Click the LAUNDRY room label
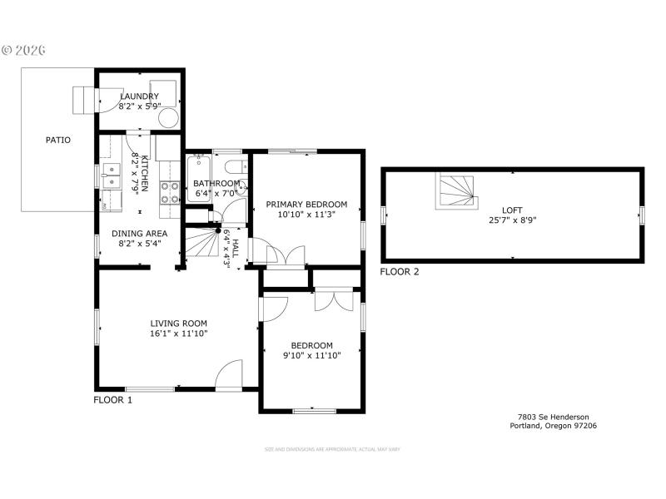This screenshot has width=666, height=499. click(x=139, y=96)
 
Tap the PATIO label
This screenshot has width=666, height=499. click(x=57, y=140)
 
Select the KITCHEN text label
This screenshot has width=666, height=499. click(x=144, y=174)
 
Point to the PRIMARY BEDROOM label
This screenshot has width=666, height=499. click(x=306, y=204)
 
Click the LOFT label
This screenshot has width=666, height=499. click(x=513, y=210)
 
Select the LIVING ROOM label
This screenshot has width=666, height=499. click(x=178, y=323)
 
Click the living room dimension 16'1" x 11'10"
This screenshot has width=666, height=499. click(x=178, y=333)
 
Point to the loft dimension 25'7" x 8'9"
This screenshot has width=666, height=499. click(x=513, y=220)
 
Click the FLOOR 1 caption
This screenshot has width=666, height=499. click(x=112, y=400)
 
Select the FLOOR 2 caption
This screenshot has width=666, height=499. click(x=400, y=272)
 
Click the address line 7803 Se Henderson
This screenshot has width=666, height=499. click(x=553, y=417)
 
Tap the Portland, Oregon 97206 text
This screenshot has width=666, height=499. click(x=553, y=426)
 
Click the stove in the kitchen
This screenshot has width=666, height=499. click(x=169, y=193)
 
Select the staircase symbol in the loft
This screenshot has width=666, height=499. click(x=457, y=191)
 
